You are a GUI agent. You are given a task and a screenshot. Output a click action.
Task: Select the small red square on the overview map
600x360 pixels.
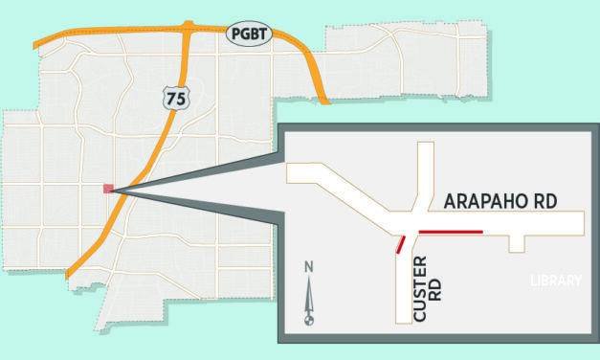click(108, 189)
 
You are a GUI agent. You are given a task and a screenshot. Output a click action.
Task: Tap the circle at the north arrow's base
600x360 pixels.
click(308, 321)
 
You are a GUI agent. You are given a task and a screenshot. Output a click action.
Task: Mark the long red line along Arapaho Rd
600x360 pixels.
click(451, 232)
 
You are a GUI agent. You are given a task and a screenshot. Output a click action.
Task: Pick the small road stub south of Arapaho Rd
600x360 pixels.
click(517, 241)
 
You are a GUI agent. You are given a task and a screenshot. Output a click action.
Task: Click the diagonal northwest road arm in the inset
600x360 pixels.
click(344, 188)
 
